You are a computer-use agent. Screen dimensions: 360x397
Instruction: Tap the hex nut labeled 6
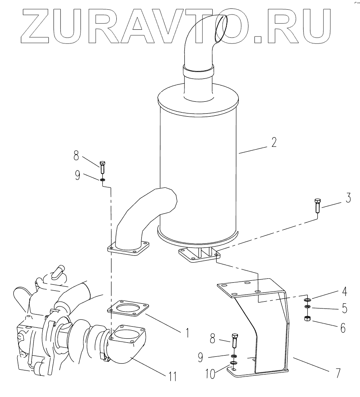(307, 319)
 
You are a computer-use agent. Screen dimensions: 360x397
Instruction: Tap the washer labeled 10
(234, 363)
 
